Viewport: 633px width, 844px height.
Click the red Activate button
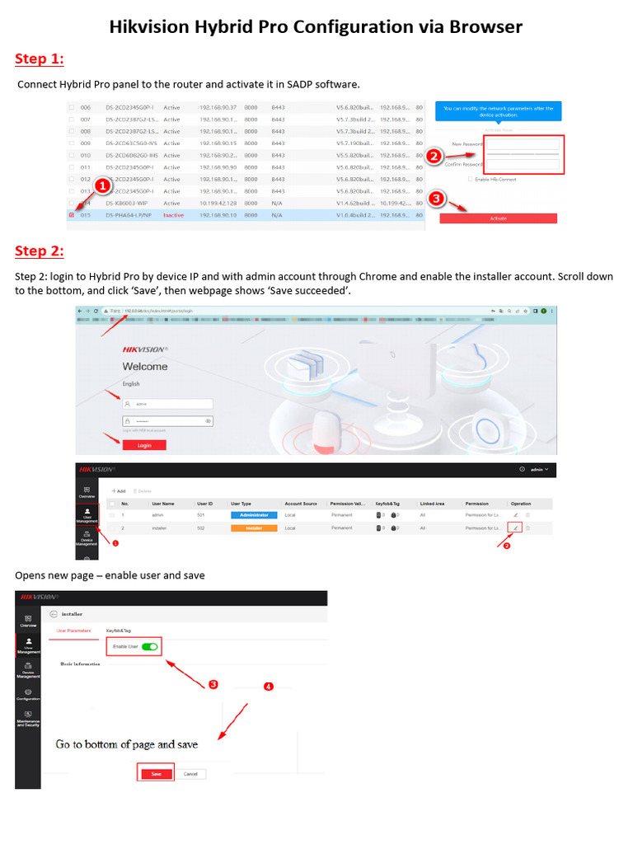(x=498, y=218)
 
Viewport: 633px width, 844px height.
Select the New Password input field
(x=523, y=144)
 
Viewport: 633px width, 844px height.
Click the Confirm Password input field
(x=523, y=164)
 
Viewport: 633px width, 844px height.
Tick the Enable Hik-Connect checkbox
(x=471, y=179)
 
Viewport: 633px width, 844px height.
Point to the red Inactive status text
(x=173, y=215)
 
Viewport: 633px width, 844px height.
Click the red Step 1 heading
(x=40, y=59)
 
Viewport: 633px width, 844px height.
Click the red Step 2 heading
(x=40, y=251)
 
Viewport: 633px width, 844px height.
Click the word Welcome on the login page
(x=145, y=367)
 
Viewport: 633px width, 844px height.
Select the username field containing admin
(x=167, y=404)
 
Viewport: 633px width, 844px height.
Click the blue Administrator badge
(x=254, y=514)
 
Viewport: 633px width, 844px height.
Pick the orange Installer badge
(x=254, y=527)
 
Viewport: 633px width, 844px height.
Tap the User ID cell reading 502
(x=200, y=527)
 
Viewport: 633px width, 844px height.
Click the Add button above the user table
(x=119, y=490)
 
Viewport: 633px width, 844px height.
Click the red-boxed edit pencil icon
(x=516, y=527)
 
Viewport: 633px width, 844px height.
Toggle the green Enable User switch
(x=149, y=647)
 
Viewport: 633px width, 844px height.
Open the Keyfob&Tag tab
(x=119, y=631)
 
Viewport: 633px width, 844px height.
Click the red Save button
(x=156, y=774)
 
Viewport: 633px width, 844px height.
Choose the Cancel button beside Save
(x=191, y=774)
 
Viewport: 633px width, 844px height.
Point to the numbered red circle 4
(x=268, y=687)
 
